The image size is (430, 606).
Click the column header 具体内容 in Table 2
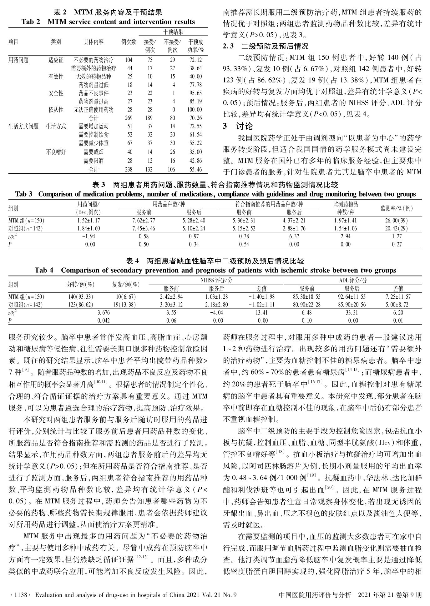[94, 42]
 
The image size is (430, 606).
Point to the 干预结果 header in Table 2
[173, 32]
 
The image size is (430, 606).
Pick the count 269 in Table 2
[129, 118]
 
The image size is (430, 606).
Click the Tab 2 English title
[108, 22]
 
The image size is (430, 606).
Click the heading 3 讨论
[237, 127]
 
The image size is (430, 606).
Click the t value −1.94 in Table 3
[89, 236]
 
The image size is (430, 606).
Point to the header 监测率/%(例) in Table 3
[396, 208]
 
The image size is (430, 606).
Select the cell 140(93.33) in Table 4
[81, 297]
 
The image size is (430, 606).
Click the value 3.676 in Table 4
[104, 312]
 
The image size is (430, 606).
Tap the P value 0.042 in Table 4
[104, 320]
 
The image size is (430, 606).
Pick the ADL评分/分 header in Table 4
[353, 281]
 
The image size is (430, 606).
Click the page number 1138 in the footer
[20, 595]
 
